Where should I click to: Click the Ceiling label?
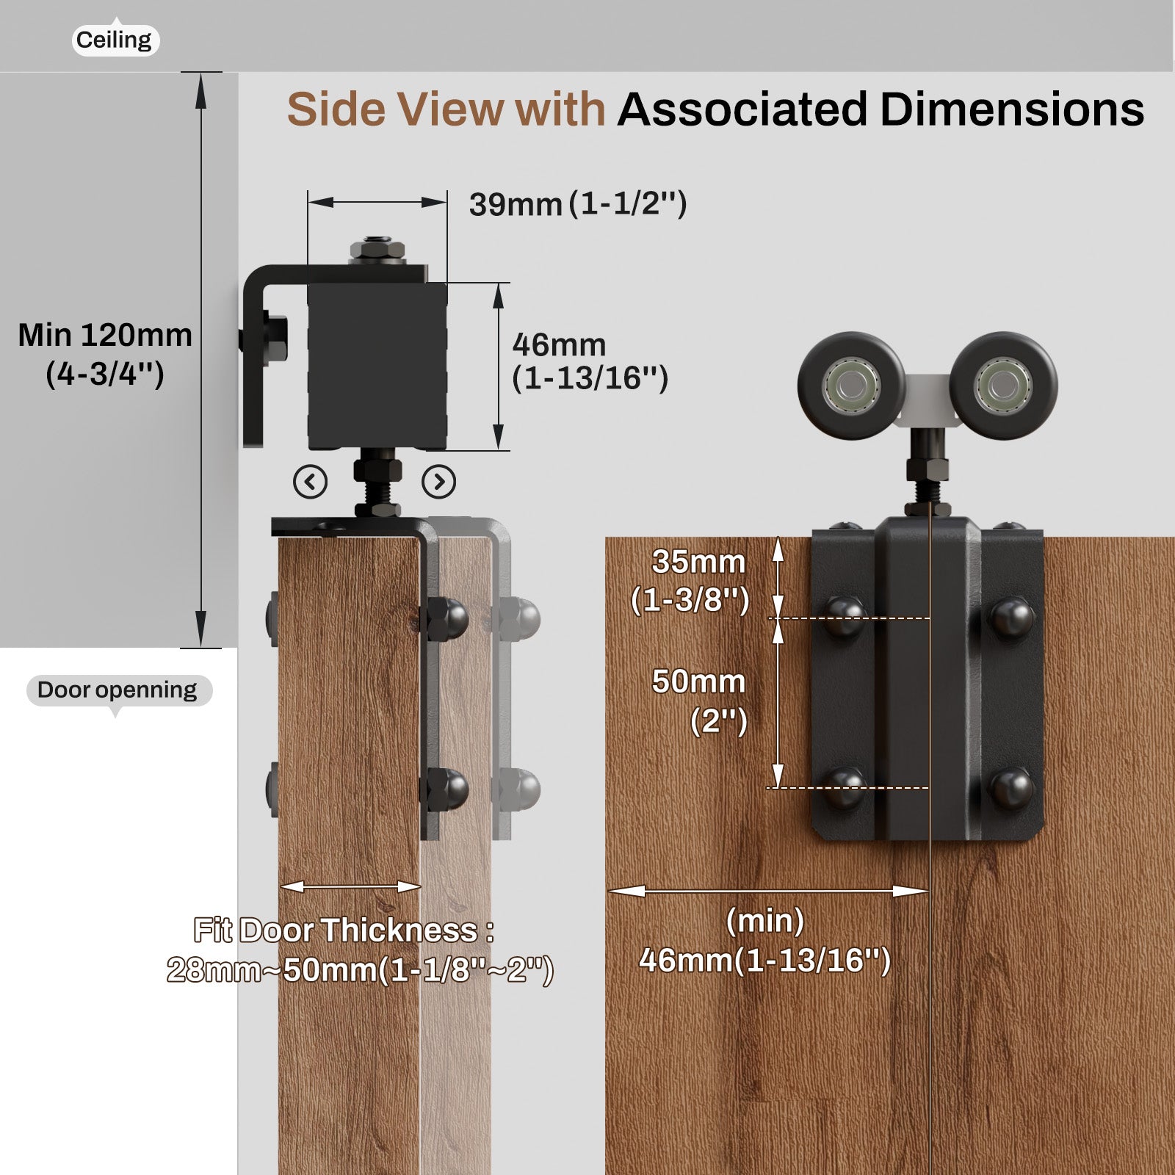click(114, 40)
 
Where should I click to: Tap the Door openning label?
click(117, 690)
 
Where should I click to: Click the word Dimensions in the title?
click(1011, 109)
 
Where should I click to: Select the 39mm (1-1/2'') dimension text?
click(577, 203)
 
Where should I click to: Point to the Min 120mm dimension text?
click(105, 354)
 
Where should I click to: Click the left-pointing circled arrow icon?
click(310, 482)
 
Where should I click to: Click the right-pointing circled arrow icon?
click(439, 482)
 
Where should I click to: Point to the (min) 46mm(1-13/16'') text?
click(764, 941)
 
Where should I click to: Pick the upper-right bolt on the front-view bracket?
click(1012, 618)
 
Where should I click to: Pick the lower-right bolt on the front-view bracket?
click(1012, 788)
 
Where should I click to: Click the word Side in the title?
click(335, 109)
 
